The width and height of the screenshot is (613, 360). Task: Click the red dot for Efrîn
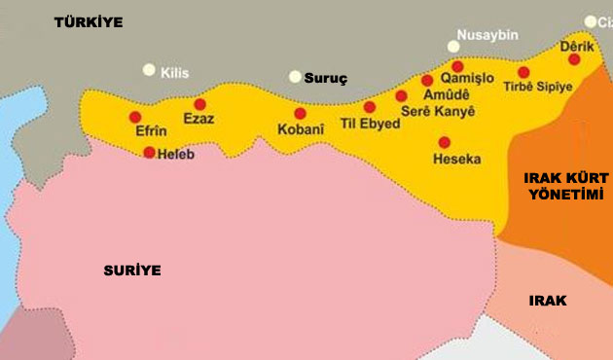(x=135, y=117)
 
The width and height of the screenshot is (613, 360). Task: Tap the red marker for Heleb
(x=149, y=152)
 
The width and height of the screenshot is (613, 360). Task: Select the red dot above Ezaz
(x=200, y=104)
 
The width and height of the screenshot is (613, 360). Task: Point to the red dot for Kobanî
(x=300, y=113)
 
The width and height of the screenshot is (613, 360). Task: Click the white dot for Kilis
(x=149, y=70)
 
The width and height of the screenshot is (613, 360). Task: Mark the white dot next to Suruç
(x=295, y=76)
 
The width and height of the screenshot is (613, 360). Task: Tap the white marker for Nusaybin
(x=452, y=46)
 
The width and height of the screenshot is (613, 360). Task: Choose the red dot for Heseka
(x=445, y=142)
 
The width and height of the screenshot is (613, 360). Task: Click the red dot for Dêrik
(x=574, y=59)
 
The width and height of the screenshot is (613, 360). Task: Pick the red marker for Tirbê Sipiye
(x=523, y=72)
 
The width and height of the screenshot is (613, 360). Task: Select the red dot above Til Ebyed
(x=370, y=107)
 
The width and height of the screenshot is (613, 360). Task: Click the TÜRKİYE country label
(x=89, y=21)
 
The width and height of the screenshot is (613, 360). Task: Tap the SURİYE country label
(x=132, y=270)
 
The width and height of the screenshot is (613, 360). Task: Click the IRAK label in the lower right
(x=548, y=300)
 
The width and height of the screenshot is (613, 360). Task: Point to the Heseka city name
(x=457, y=158)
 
